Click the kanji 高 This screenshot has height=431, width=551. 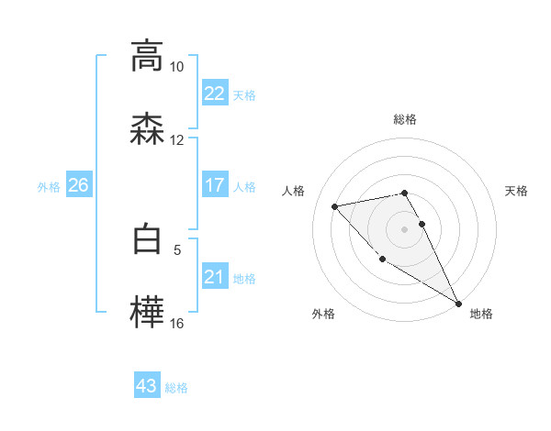pyautogui.click(x=147, y=57)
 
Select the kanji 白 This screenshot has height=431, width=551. pyautogui.click(x=147, y=239)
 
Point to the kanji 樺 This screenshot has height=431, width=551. pyautogui.click(x=147, y=313)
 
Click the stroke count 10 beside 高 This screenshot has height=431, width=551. pyautogui.click(x=176, y=67)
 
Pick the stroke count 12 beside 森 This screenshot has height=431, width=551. pyautogui.click(x=176, y=140)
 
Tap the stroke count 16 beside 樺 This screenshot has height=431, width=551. pyautogui.click(x=176, y=324)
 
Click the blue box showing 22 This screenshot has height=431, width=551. pyautogui.click(x=214, y=94)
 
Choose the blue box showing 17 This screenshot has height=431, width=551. pyautogui.click(x=214, y=185)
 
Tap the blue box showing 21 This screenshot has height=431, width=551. pyautogui.click(x=214, y=277)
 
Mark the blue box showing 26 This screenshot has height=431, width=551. pyautogui.click(x=78, y=185)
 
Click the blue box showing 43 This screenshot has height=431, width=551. pyautogui.click(x=147, y=386)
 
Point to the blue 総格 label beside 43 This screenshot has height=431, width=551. pyautogui.click(x=176, y=388)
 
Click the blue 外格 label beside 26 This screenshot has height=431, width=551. pyautogui.click(x=49, y=187)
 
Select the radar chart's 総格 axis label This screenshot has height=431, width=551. pyautogui.click(x=405, y=120)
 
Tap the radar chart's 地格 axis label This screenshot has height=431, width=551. pyautogui.click(x=481, y=315)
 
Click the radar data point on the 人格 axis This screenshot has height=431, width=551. pyautogui.click(x=335, y=206)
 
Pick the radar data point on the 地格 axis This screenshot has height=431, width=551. pyautogui.click(x=459, y=304)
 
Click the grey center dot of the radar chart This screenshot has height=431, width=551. pyautogui.click(x=405, y=229)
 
